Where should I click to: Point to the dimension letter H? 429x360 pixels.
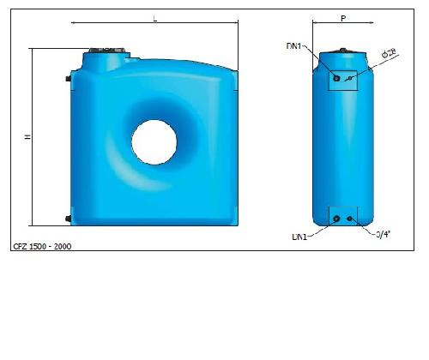[x=27, y=137]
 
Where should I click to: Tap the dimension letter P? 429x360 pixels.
[x=343, y=16]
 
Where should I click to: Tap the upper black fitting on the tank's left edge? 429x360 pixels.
[x=68, y=80]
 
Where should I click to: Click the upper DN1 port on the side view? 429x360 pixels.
[x=336, y=79]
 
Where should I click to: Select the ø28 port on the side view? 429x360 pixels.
[x=350, y=79]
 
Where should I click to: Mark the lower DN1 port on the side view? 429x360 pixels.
[x=336, y=218]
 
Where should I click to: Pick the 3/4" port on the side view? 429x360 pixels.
[x=350, y=218]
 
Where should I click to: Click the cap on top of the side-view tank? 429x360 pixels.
[x=343, y=51]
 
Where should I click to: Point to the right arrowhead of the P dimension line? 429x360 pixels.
[x=372, y=24]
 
